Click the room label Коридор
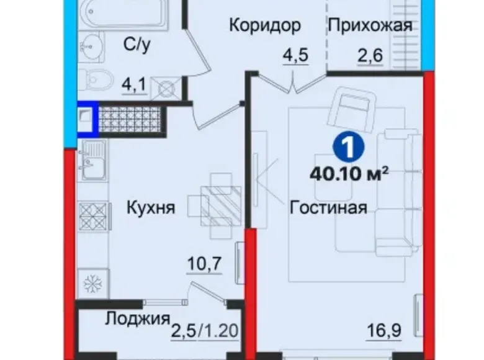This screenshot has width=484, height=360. coord(265,25)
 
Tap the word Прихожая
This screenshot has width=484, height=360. coord(370,25)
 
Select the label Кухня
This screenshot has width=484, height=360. coord(151,207)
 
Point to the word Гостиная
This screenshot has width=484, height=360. coord(328,207)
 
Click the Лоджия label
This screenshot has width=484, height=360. coord(138,318)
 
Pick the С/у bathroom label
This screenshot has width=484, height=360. coord(137,45)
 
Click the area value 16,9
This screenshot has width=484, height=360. coord(384,331)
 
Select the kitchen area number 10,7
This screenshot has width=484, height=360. coord(205,264)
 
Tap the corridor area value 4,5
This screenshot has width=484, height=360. coord(295,56)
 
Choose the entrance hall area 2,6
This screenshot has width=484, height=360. coord(370,56)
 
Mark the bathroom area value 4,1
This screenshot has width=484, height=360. coord(133,85)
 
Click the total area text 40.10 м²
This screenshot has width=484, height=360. coord(349,174)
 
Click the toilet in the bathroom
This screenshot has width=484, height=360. coord(96,81)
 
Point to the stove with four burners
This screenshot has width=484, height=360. coord(93,216)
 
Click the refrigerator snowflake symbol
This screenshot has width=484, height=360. coord(93,283)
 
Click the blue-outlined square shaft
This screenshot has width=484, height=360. coord(88,119)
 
